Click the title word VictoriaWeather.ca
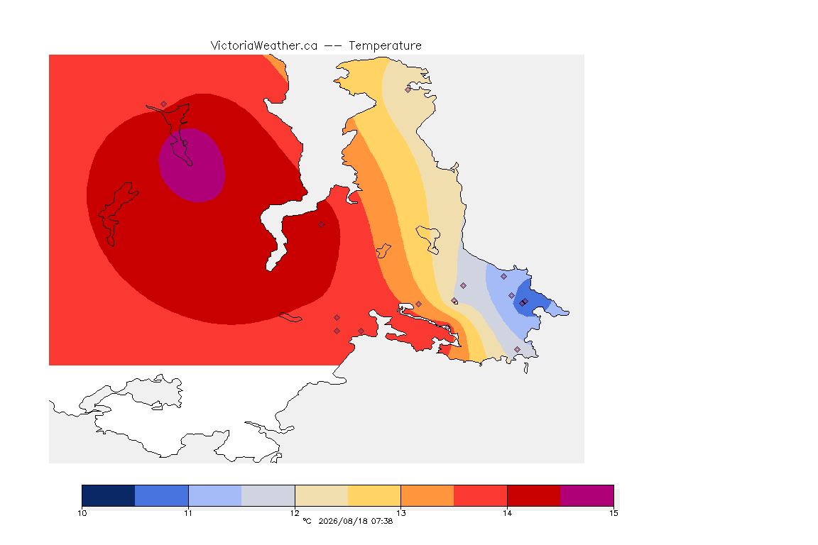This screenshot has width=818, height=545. coord(264,46)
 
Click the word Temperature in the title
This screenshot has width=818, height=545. coord(385,46)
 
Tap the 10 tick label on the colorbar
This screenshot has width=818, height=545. coord(82,513)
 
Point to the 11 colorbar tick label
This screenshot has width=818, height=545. coord(188,513)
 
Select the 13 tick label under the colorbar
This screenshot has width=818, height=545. coord(400,513)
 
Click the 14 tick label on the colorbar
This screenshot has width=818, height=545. coord(507,513)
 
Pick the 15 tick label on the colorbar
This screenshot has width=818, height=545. coord(613,513)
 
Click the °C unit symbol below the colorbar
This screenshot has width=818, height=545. coord(307,521)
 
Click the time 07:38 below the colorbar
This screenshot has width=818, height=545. coord(382,521)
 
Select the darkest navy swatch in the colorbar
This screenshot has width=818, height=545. coord(109,495)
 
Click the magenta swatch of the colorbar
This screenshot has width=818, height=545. coord(587,495)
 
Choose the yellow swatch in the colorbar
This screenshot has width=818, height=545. coord(374,495)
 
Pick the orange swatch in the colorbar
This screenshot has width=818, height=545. coord(427,495)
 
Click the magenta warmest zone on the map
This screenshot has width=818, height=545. coord(192,165)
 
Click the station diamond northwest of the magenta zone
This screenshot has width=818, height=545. coord(164,104)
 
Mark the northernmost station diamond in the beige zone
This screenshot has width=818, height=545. coord(408,89)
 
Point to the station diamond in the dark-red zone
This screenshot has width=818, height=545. coord(322,225)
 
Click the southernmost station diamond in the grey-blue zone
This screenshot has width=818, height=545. coord(517,349)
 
